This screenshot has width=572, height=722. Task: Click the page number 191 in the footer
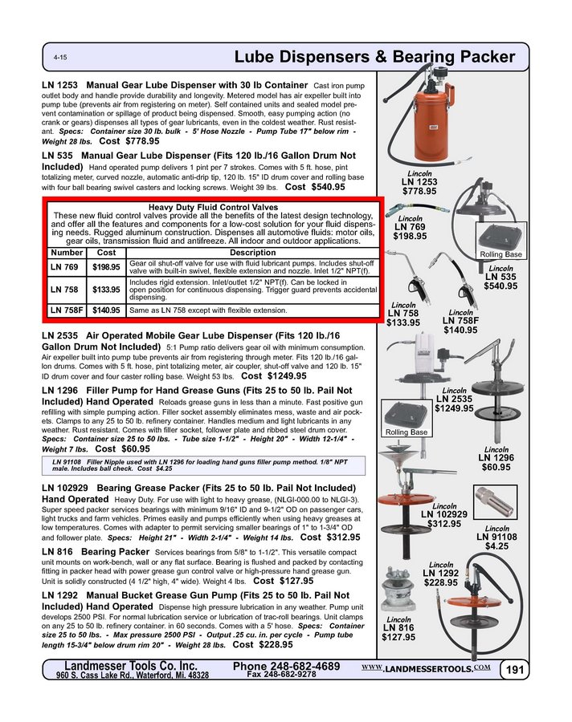(513, 670)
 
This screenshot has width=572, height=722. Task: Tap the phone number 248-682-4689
(286, 667)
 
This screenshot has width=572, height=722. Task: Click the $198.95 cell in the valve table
(106, 266)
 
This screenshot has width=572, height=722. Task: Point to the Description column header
(252, 253)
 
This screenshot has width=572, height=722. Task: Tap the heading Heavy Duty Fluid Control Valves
(212, 207)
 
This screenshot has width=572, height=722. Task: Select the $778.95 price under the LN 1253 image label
(419, 191)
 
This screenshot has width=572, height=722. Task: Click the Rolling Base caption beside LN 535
(500, 254)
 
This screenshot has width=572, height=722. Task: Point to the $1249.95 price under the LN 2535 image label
(454, 408)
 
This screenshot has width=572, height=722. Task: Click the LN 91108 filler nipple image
(494, 503)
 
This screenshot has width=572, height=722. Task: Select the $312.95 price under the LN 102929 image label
(443, 524)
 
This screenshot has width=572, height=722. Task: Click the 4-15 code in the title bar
(59, 59)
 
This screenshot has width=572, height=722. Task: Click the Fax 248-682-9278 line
(280, 675)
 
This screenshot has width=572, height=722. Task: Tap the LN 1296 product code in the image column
(496, 457)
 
